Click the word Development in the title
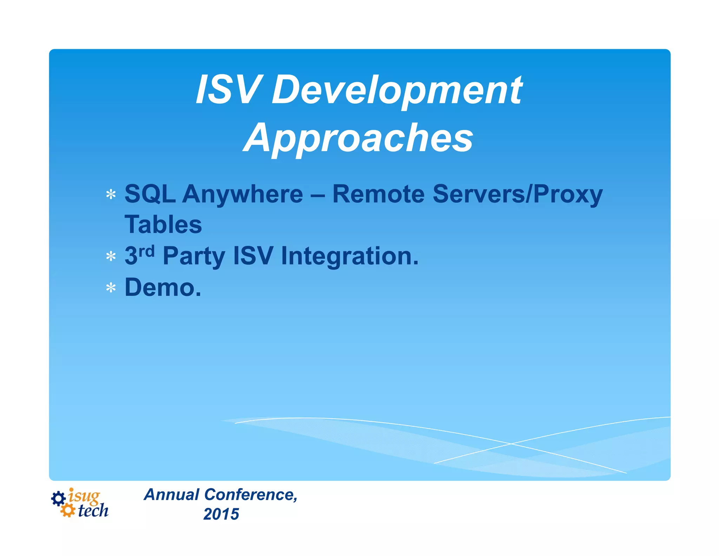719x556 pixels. point(397,91)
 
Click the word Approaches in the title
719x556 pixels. point(358,138)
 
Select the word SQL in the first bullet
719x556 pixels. point(150,194)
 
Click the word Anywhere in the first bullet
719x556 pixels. point(242,194)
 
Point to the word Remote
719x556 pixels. point(378,194)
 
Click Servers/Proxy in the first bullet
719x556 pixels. point(517,194)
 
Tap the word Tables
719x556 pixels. point(163,225)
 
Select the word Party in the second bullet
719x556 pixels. point(194,257)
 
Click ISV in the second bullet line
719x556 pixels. point(253,256)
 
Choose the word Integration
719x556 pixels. point(349,257)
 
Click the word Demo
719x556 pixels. point(163,287)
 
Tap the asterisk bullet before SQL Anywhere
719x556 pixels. point(111,194)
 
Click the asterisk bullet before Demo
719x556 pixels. point(111,288)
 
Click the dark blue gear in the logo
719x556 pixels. point(58,498)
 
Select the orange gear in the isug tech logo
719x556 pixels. point(67,510)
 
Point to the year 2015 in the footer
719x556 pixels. point(221,515)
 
